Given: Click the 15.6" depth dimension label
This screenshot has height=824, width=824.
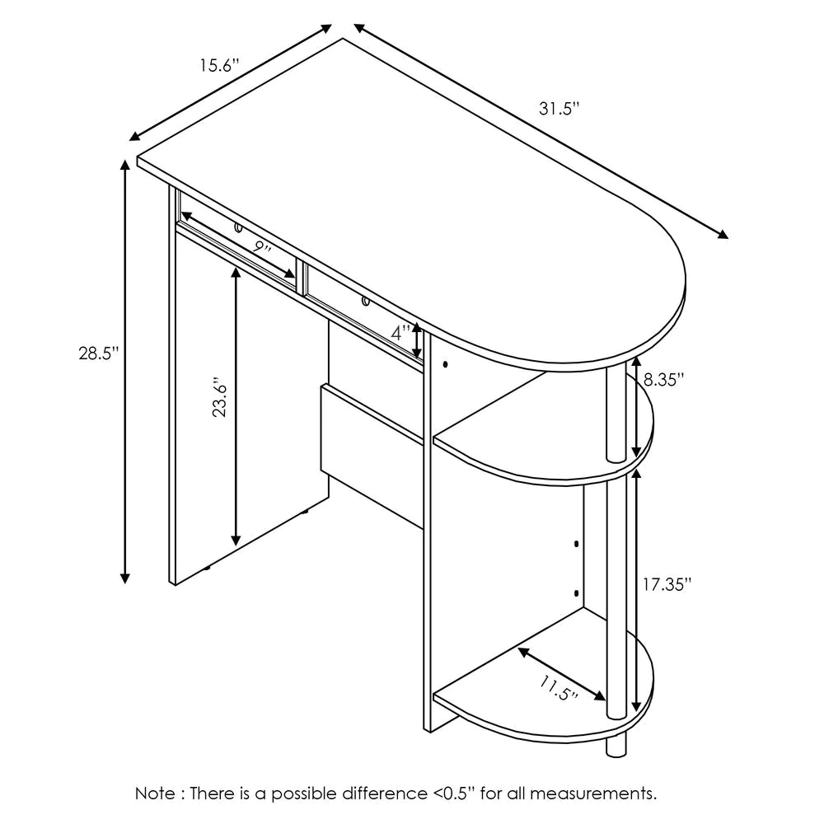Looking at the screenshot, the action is (218, 66).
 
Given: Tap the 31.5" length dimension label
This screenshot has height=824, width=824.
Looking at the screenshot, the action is (559, 109).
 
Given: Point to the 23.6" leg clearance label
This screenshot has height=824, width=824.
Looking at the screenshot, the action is (219, 397).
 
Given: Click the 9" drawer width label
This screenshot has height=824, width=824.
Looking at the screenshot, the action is (261, 247).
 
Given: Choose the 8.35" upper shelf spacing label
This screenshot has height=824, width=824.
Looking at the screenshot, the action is (663, 379).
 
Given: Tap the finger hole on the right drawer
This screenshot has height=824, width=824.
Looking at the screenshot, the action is (365, 302).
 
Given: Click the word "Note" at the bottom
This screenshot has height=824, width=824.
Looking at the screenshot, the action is (156, 793).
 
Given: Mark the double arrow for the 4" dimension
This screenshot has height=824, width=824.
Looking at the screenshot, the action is (417, 341).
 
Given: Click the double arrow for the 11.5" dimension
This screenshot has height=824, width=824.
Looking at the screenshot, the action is (561, 674).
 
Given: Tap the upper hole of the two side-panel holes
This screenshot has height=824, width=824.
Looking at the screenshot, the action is (577, 544).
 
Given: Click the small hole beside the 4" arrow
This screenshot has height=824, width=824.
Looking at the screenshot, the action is (445, 364).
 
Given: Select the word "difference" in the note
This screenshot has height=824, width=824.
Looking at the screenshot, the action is (385, 793).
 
